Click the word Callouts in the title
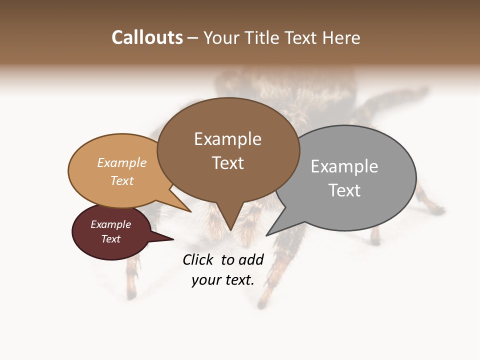coord(147,37)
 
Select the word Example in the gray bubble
coord(344,166)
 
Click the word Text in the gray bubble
coord(344,190)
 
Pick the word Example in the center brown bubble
coord(227,139)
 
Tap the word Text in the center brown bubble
coord(227,163)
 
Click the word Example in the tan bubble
coord(122,162)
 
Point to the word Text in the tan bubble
coord(122,180)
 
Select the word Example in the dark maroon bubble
coord(111,224)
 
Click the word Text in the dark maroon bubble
coord(111,239)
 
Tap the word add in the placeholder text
coord(251,259)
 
